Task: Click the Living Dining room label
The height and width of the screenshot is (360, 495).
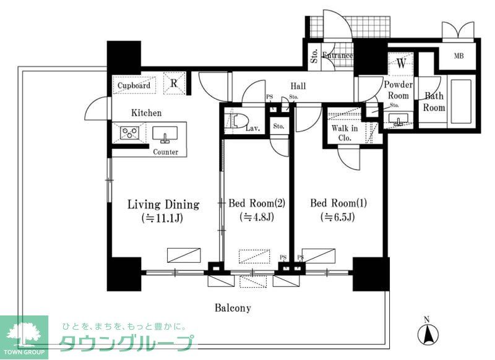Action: pos(163,204)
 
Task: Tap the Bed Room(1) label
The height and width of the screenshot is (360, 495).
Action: pos(334,204)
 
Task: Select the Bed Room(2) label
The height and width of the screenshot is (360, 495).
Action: pos(256,204)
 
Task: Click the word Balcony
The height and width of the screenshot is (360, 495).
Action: pos(233,307)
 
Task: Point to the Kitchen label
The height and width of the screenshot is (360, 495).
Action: pos(146,113)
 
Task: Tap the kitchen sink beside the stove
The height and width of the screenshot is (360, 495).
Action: pos(165,133)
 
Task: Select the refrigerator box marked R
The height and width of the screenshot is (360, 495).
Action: pos(174,84)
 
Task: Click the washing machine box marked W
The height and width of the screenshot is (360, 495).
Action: pos(401,64)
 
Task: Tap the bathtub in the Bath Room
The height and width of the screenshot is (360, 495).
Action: pos(461,103)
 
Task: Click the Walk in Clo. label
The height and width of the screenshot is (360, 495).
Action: pos(345,133)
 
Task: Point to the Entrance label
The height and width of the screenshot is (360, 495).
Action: pos(338,56)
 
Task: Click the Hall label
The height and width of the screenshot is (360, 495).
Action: pos(298,87)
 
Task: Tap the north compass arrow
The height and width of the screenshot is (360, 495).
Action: pos(426,334)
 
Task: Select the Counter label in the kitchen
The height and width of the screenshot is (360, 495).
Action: pos(166,152)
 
